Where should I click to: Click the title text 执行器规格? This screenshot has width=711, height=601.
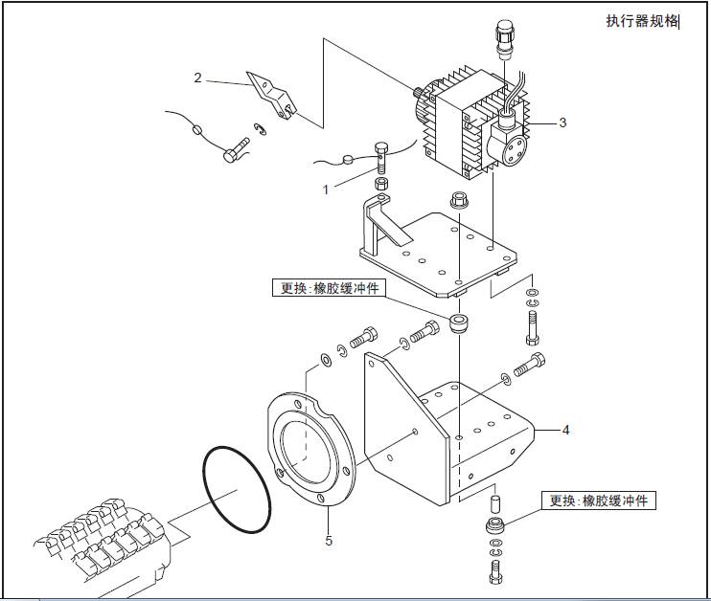(641, 21)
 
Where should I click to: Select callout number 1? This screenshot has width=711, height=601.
(326, 189)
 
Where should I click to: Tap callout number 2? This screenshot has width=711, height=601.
(197, 78)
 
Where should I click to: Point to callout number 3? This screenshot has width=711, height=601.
(563, 122)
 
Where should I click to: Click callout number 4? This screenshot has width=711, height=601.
(565, 430)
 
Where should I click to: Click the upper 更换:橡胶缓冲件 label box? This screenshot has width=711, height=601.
(328, 287)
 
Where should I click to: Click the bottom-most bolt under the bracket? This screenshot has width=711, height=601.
(494, 572)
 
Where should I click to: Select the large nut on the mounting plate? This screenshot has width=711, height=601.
(458, 202)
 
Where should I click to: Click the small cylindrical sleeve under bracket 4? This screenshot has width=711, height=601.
(494, 502)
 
